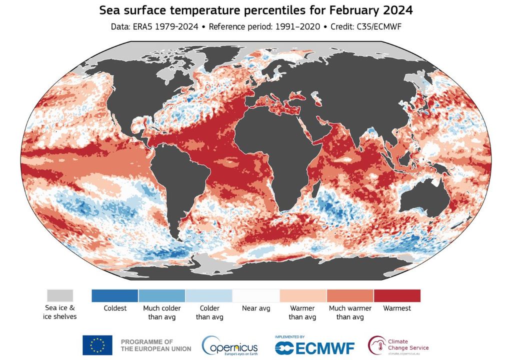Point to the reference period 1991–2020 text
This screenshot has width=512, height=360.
coord(298,26)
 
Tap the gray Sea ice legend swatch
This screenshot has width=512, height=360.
coord(60,295)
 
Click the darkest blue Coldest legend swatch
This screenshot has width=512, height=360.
coord(114,295)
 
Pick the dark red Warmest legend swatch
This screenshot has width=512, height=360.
coord(397,295)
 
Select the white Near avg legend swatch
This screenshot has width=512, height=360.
coord(256,295)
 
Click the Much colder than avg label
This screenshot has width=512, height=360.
coord(161,312)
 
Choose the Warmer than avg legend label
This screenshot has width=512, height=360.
coord(302,312)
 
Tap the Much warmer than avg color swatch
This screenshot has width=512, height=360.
coord(350,295)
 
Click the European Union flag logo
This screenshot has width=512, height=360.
coord(97,345)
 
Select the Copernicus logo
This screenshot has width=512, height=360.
coord(230,345)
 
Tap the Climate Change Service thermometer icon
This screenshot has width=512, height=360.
coord(376,344)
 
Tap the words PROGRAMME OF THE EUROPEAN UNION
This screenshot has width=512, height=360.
coord(155,345)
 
